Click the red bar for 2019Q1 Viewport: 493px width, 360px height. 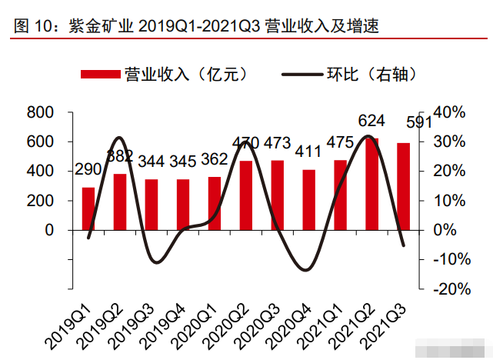pos(88,208)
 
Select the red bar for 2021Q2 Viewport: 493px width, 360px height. pos(371,185)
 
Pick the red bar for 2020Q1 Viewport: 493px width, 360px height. pos(214,203)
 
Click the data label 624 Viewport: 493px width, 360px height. pos(372,121)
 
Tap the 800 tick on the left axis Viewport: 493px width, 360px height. pos(41,112)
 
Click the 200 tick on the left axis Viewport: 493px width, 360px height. pos(41,201)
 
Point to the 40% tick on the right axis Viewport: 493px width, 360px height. pos(450,112)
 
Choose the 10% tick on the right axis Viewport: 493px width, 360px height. pos(450,201)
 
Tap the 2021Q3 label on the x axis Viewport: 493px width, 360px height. pos(388,323)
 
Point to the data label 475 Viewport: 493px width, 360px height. pos(340,143)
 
